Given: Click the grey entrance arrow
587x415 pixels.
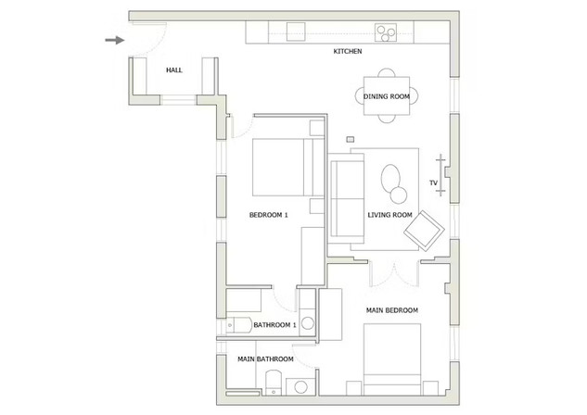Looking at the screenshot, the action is coord(115,40).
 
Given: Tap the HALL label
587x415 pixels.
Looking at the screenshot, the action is coord(174,69).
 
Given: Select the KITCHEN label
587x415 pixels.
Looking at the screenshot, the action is coord(348,51).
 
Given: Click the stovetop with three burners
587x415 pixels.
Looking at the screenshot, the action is coord(386,32).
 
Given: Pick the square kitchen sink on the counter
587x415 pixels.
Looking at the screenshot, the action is coord(296,31).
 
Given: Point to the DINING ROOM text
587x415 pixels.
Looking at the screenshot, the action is coord(387,96).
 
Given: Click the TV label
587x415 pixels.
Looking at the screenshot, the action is coord(433,182).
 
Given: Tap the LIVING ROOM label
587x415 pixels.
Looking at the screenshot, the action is coord(389,215).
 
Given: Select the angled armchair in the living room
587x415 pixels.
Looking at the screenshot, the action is coord(424,231).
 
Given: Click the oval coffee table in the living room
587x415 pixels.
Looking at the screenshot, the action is coord(390,179).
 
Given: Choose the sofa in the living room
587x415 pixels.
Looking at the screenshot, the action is coord(346,198).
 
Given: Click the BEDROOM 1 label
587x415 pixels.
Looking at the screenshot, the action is coord(268,215).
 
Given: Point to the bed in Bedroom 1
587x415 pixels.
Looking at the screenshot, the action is coord(287,167).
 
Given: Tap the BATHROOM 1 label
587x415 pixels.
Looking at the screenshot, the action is coord(274,325).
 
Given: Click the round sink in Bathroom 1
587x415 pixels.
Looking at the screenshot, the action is coord(308,323).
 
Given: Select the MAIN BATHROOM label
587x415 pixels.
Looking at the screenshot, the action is coord(265,358).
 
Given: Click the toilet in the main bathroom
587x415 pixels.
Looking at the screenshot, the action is coord(274,383).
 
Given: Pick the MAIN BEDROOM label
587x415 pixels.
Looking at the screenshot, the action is coord(392,310).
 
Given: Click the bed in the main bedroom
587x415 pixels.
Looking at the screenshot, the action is coord(392,359).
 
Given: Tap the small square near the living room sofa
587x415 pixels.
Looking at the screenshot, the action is coord(351,140).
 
